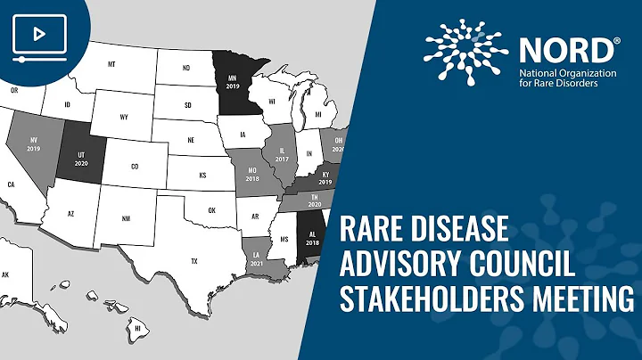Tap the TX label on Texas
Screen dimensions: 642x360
click(x=193, y=260)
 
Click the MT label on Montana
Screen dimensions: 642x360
click(x=112, y=65)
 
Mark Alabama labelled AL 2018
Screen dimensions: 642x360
click(x=312, y=238)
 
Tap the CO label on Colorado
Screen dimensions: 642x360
click(x=135, y=166)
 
